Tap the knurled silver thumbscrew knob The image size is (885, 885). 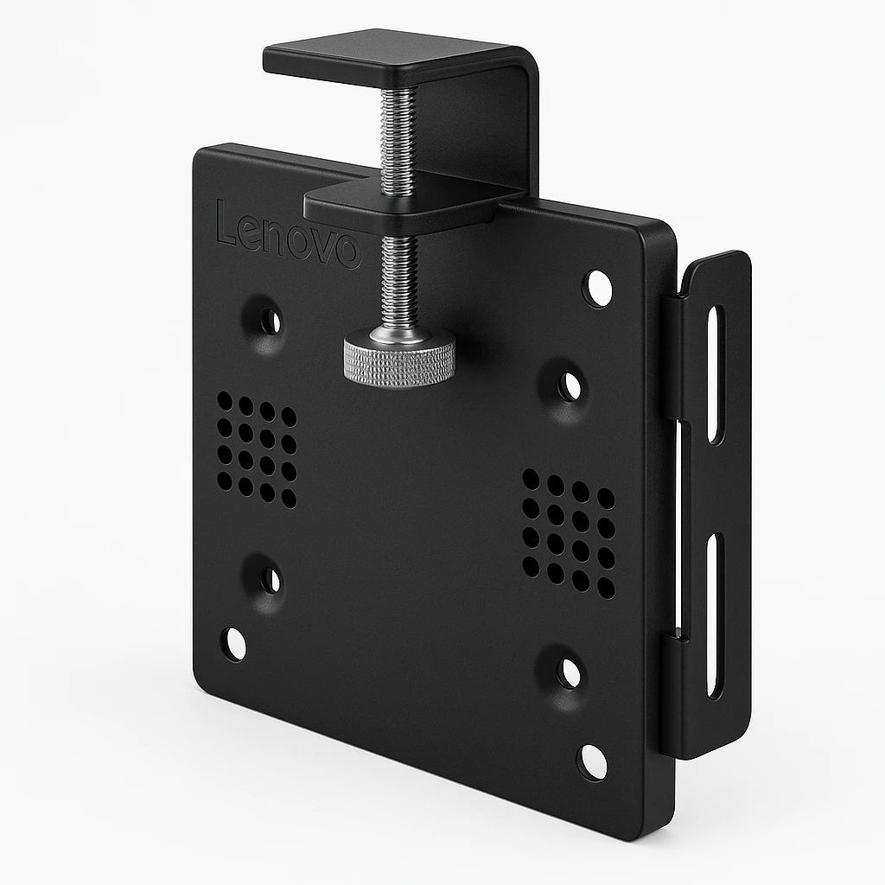[399, 359]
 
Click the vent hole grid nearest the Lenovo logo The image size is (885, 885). [257, 450]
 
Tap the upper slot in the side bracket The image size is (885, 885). [716, 373]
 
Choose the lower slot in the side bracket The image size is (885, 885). [715, 615]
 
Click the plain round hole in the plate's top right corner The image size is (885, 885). [597, 288]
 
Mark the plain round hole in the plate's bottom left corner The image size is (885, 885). [233, 644]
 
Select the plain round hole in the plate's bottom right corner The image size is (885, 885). [593, 761]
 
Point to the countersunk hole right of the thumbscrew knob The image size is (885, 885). [570, 386]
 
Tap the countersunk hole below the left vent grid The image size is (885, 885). [270, 580]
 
